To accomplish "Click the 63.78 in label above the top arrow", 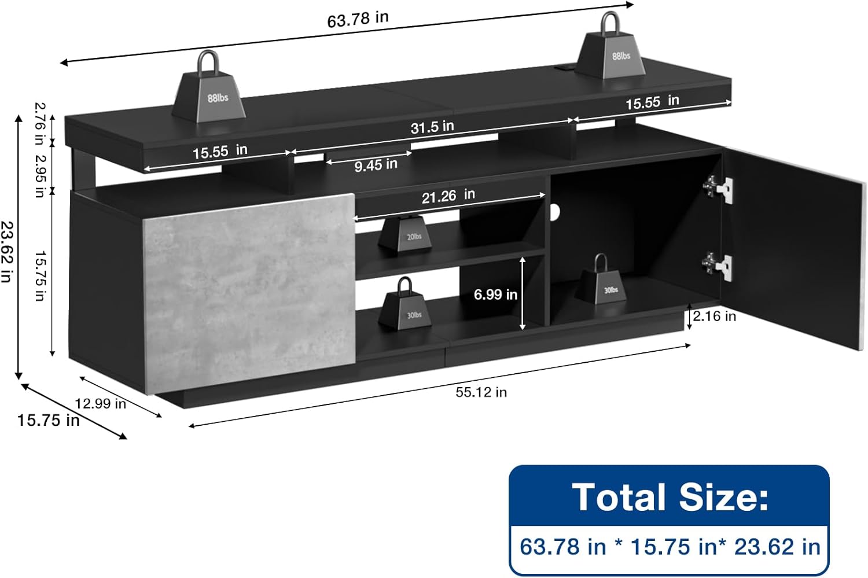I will pos(358,19).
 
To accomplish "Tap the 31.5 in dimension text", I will pos(432,127).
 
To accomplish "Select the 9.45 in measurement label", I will pos(376,165).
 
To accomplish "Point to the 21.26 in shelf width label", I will pos(448,196).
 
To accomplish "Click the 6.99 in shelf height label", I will pos(495,294).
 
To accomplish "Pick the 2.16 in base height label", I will pos(714,316).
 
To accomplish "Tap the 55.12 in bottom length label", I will pos(481,392).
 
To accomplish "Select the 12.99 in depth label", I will pos(100,403).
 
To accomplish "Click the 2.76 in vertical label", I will pos(39,123).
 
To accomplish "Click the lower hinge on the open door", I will pos(717,266).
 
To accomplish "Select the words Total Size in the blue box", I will pos(670,497).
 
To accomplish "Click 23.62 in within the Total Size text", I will pos(777,547).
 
